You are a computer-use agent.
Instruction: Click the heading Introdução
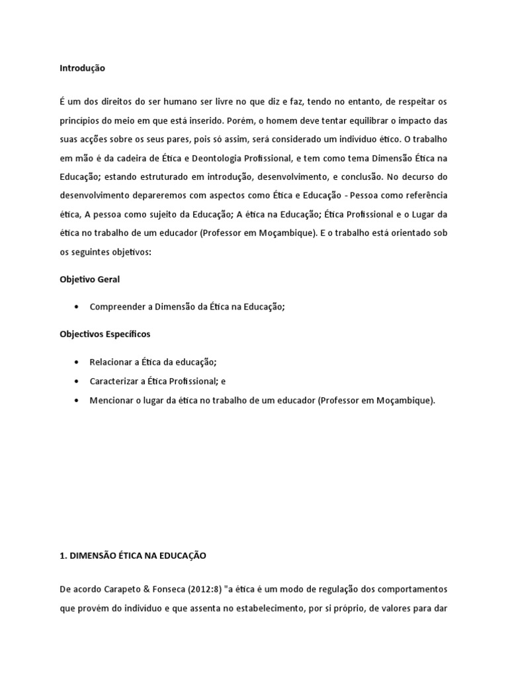(83, 68)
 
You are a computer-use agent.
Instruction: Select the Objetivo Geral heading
(90, 280)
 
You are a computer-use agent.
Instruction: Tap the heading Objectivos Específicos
(105, 335)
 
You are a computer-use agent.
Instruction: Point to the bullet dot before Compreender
(79, 307)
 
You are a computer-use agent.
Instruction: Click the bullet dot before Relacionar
(79, 362)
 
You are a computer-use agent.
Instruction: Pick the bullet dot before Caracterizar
(79, 381)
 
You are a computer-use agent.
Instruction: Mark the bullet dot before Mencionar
(79, 401)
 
